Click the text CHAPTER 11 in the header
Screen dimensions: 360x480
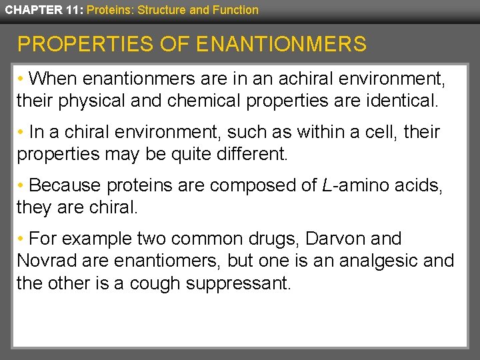(41, 10)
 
